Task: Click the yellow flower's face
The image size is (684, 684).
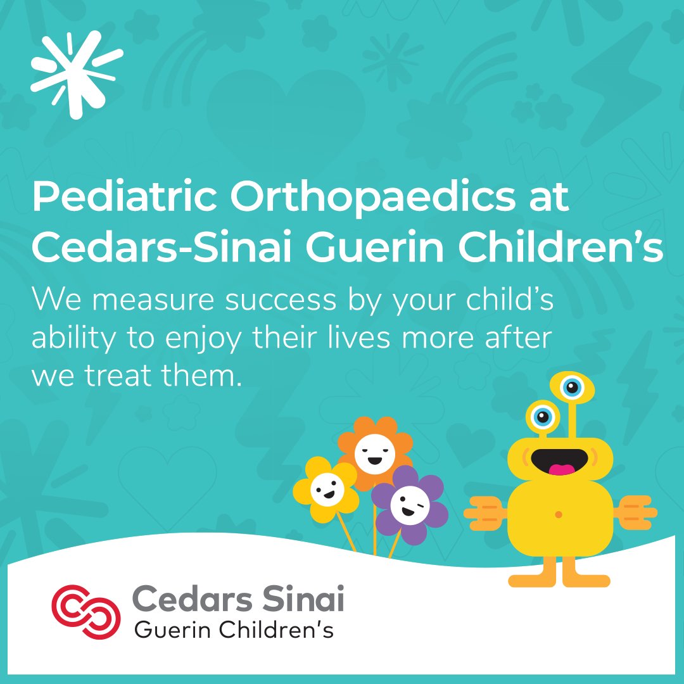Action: point(326,489)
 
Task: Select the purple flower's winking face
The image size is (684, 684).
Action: point(409,504)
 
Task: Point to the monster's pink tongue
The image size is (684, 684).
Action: point(561,469)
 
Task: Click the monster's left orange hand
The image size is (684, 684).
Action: point(485,513)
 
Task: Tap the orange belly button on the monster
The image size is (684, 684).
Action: point(558,514)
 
